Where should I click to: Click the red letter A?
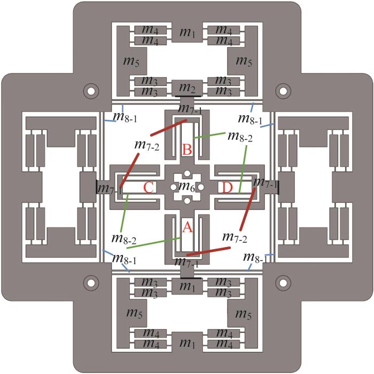(187, 227)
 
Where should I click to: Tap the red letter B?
(187, 150)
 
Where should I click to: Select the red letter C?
(149, 187)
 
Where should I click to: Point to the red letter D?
(227, 187)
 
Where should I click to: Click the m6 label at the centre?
(187, 186)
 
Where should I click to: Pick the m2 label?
(187, 88)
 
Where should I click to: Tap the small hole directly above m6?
(187, 173)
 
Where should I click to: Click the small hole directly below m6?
(187, 201)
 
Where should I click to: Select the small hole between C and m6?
(174, 187)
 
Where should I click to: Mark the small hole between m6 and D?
(201, 187)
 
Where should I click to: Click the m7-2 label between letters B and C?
(146, 145)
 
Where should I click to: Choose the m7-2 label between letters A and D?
(235, 237)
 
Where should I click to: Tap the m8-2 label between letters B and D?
(240, 136)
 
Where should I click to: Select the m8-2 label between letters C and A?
(124, 239)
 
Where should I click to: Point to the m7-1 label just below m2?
(190, 109)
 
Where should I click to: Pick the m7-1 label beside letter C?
(110, 189)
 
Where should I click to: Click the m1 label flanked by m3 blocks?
(187, 286)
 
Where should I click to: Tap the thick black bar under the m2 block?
(188, 96)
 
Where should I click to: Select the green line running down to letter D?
(243, 169)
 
